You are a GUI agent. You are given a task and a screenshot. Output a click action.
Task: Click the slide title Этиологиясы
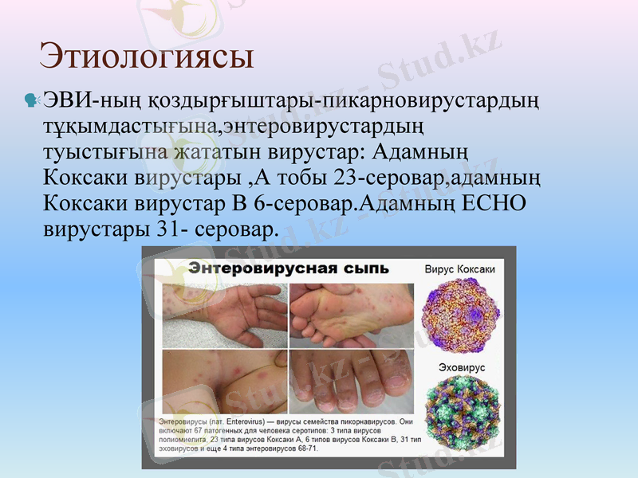pos(147,57)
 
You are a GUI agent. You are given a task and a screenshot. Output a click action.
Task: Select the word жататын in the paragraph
pos(208,151)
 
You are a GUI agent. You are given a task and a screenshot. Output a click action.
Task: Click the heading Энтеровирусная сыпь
pos(288,268)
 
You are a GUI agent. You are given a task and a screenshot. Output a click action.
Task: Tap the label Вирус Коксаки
pos(459,269)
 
